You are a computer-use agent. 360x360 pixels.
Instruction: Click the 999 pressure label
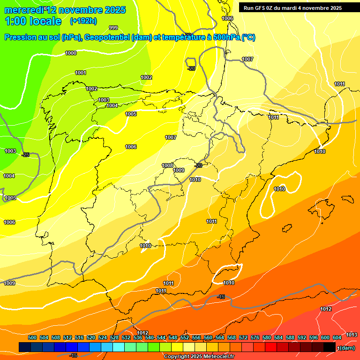113,28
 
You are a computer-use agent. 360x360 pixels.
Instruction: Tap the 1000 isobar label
71,53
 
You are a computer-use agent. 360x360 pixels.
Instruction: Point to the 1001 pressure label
81,73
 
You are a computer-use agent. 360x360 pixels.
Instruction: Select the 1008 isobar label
167,165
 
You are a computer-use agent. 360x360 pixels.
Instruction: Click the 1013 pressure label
352,334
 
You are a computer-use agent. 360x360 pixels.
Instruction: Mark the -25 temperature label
25,155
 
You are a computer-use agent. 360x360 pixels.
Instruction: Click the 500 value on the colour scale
32,337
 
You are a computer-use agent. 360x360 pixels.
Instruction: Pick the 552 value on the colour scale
185,337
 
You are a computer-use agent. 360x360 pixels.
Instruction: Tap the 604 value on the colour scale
337,337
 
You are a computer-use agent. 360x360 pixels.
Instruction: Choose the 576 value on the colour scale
255,337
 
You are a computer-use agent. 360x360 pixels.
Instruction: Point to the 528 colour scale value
114,337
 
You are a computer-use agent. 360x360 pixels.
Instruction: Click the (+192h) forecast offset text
83,21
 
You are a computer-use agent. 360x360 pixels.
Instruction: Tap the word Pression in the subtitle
20,37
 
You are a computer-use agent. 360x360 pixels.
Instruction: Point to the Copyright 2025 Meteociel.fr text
199,357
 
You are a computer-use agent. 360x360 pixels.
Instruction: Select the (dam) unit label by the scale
345,347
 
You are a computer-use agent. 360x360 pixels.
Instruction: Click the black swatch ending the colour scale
330,347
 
